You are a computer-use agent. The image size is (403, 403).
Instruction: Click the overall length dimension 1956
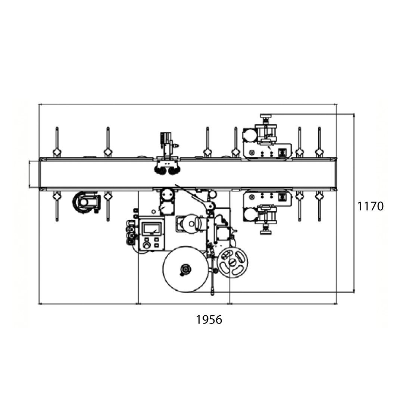click(209, 320)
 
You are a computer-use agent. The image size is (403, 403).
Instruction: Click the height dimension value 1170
click(371, 206)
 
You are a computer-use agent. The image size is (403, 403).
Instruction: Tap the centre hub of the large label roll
click(185, 269)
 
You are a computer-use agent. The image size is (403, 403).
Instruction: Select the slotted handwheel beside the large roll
click(232, 262)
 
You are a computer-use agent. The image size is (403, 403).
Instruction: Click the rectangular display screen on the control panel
click(152, 229)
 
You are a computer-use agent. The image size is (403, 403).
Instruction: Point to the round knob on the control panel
click(147, 245)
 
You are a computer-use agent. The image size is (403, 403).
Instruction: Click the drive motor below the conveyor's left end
click(86, 202)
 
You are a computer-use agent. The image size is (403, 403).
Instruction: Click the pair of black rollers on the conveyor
click(167, 170)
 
